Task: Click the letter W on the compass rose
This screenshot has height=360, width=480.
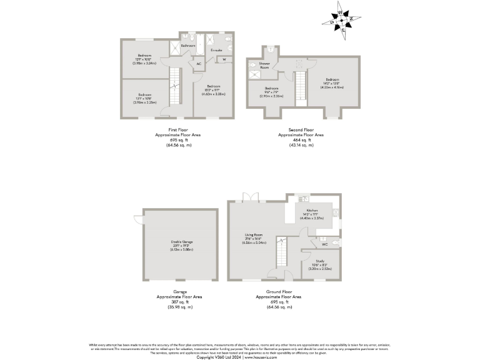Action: coord(341,12)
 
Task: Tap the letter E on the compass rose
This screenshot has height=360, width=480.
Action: coord(343,29)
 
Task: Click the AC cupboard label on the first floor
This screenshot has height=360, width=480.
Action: coord(199,64)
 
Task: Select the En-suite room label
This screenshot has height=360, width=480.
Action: coord(216,49)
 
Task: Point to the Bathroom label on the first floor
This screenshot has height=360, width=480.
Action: coord(188,46)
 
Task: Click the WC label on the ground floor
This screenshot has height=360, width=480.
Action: coord(325,244)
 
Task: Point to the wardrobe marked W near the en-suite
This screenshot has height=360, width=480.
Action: coord(223,60)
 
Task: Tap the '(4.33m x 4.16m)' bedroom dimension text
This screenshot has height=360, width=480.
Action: coord(332,87)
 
